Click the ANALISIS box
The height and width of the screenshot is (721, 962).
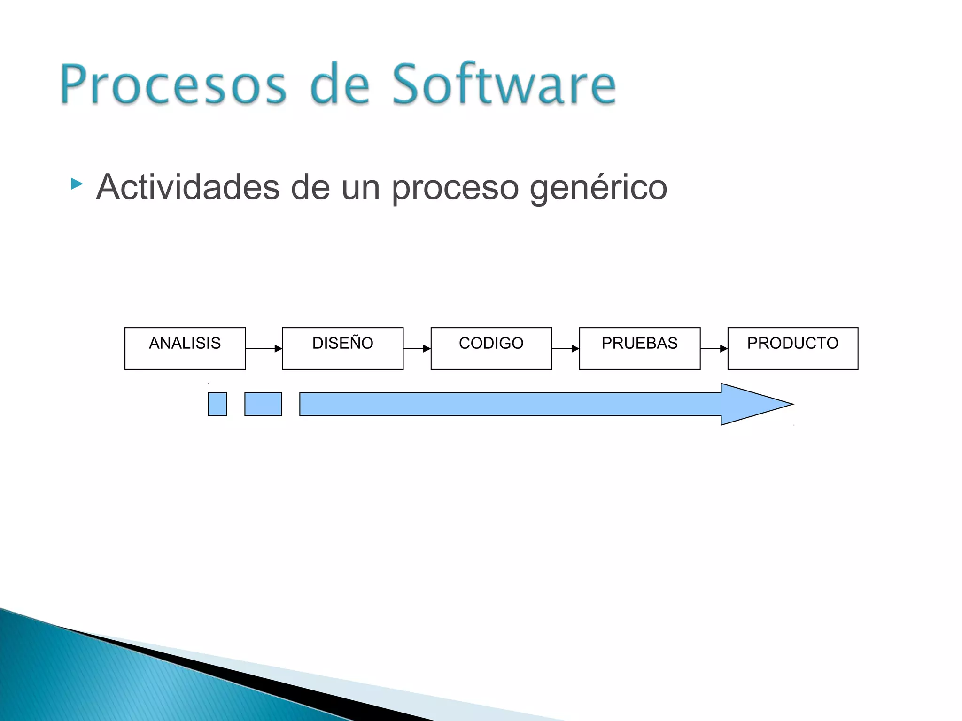click(x=185, y=348)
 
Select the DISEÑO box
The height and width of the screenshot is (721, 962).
click(x=342, y=348)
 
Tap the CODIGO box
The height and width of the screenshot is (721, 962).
click(x=491, y=348)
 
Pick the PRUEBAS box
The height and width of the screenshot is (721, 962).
click(x=639, y=348)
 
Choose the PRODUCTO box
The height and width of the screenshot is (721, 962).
click(x=792, y=348)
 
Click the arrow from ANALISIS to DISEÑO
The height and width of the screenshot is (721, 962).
click(x=264, y=348)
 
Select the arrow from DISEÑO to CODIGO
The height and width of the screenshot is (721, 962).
click(x=417, y=348)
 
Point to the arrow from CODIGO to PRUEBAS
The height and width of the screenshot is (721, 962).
click(x=565, y=348)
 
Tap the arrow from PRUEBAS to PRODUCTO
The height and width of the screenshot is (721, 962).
click(x=714, y=348)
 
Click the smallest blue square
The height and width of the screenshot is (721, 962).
click(x=217, y=404)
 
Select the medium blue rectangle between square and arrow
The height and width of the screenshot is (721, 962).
click(x=263, y=404)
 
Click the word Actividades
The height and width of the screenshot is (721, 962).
click(x=188, y=187)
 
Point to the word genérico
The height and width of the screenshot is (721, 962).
click(x=598, y=188)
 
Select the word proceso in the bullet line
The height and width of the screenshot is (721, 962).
click(x=455, y=188)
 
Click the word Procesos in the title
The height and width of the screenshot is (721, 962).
click(x=173, y=84)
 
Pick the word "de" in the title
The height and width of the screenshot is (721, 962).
click(x=340, y=84)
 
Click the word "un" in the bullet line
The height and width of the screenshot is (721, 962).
click(x=360, y=188)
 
